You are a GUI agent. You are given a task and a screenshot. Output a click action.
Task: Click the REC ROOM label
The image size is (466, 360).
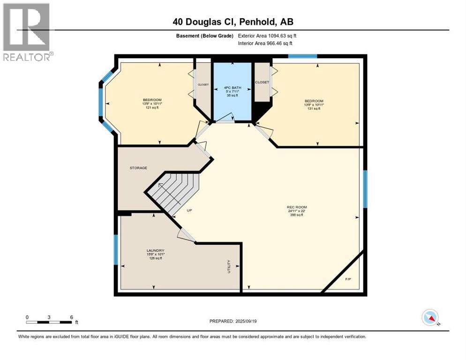click(297, 207)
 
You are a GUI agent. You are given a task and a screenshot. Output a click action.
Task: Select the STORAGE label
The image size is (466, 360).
click(138, 168)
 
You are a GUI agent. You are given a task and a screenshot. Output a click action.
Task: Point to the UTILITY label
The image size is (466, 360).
click(229, 266)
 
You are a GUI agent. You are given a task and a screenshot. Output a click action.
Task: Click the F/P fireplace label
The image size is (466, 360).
click(348, 279)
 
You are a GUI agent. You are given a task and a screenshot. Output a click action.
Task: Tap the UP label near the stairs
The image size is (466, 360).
click(189, 210)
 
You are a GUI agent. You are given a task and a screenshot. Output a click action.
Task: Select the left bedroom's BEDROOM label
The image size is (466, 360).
click(152, 100)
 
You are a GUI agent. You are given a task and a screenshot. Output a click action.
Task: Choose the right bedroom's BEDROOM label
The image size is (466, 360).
click(314, 101)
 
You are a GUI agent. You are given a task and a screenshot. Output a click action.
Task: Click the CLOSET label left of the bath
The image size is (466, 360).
click(203, 85)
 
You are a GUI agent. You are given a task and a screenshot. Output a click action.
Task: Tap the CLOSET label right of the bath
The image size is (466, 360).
click(262, 82)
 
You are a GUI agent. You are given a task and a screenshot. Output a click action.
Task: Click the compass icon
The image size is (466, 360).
click(430, 318)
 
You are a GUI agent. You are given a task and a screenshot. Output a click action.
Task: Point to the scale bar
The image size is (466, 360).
click(49, 322)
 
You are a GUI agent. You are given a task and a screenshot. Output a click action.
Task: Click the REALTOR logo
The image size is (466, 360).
click(27, 32)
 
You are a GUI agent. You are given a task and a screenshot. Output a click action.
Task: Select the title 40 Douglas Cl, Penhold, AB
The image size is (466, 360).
click(233, 22)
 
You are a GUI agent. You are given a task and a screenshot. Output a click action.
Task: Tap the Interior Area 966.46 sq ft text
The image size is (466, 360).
click(265, 43)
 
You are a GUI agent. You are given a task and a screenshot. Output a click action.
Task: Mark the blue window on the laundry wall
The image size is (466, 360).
click(116, 249)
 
